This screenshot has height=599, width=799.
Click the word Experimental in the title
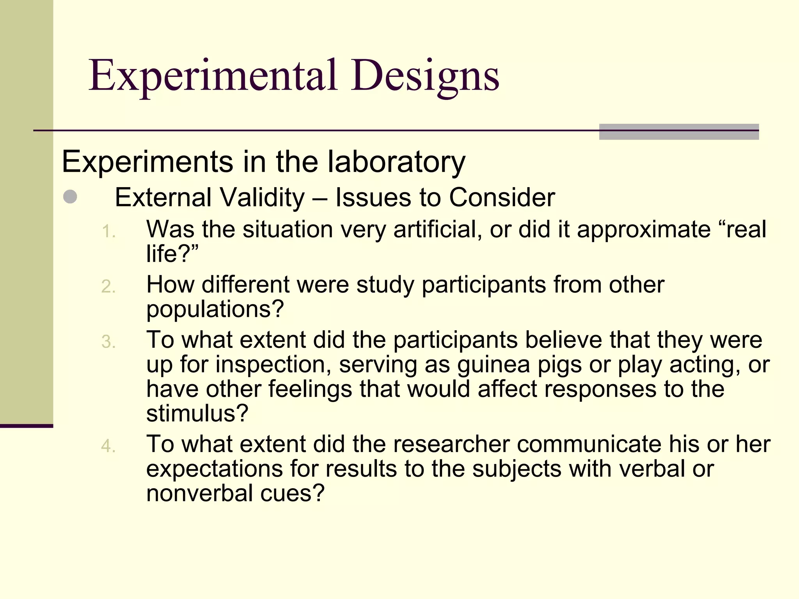pyautogui.click(x=213, y=76)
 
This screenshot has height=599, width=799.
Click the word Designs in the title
pyautogui.click(x=424, y=76)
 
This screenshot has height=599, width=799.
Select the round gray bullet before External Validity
pyautogui.click(x=70, y=197)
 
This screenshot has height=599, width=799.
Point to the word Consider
pyautogui.click(x=502, y=197)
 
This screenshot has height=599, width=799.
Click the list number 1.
pyautogui.click(x=108, y=232)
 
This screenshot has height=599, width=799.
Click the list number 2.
pyautogui.click(x=108, y=287)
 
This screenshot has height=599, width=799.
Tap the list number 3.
pyautogui.click(x=108, y=342)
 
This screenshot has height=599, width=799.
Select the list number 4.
pyautogui.click(x=108, y=447)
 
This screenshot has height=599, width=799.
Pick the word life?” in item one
pyautogui.click(x=172, y=254)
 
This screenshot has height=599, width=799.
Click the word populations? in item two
pyautogui.click(x=215, y=310)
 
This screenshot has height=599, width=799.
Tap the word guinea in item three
pyautogui.click(x=494, y=365)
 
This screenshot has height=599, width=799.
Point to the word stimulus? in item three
pyautogui.click(x=197, y=413)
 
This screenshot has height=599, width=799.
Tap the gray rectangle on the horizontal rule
pyautogui.click(x=678, y=132)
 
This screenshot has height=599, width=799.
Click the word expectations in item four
pyautogui.click(x=214, y=469)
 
